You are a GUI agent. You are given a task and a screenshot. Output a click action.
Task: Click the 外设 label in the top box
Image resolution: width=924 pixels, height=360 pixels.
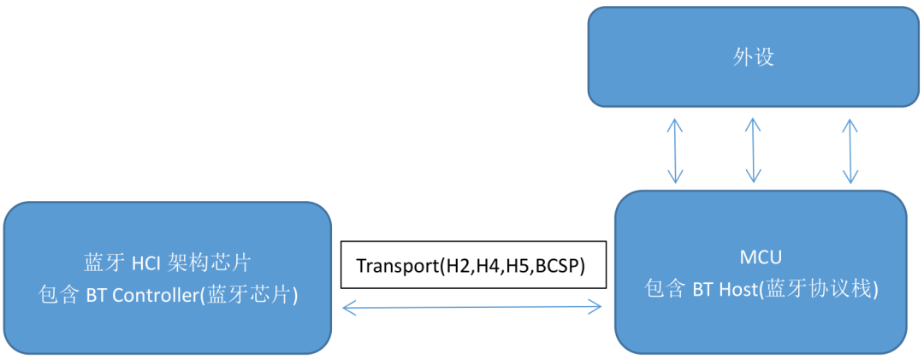pyautogui.click(x=754, y=58)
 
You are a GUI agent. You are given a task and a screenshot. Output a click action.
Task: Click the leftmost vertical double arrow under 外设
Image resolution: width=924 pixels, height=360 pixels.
pyautogui.click(x=675, y=150)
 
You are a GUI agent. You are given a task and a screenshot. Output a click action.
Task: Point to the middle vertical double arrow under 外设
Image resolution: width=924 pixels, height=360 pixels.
pyautogui.click(x=751, y=150)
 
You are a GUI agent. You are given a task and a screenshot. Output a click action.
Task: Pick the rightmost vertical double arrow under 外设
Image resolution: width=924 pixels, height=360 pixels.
pyautogui.click(x=850, y=150)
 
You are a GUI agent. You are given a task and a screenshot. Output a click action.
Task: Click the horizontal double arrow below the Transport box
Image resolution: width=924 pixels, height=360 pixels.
pyautogui.click(x=472, y=306)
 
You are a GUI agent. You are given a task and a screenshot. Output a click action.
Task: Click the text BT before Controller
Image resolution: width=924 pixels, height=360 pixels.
pyautogui.click(x=96, y=295)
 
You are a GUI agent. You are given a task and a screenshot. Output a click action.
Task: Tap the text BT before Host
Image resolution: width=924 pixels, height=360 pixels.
pyautogui.click(x=702, y=289)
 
